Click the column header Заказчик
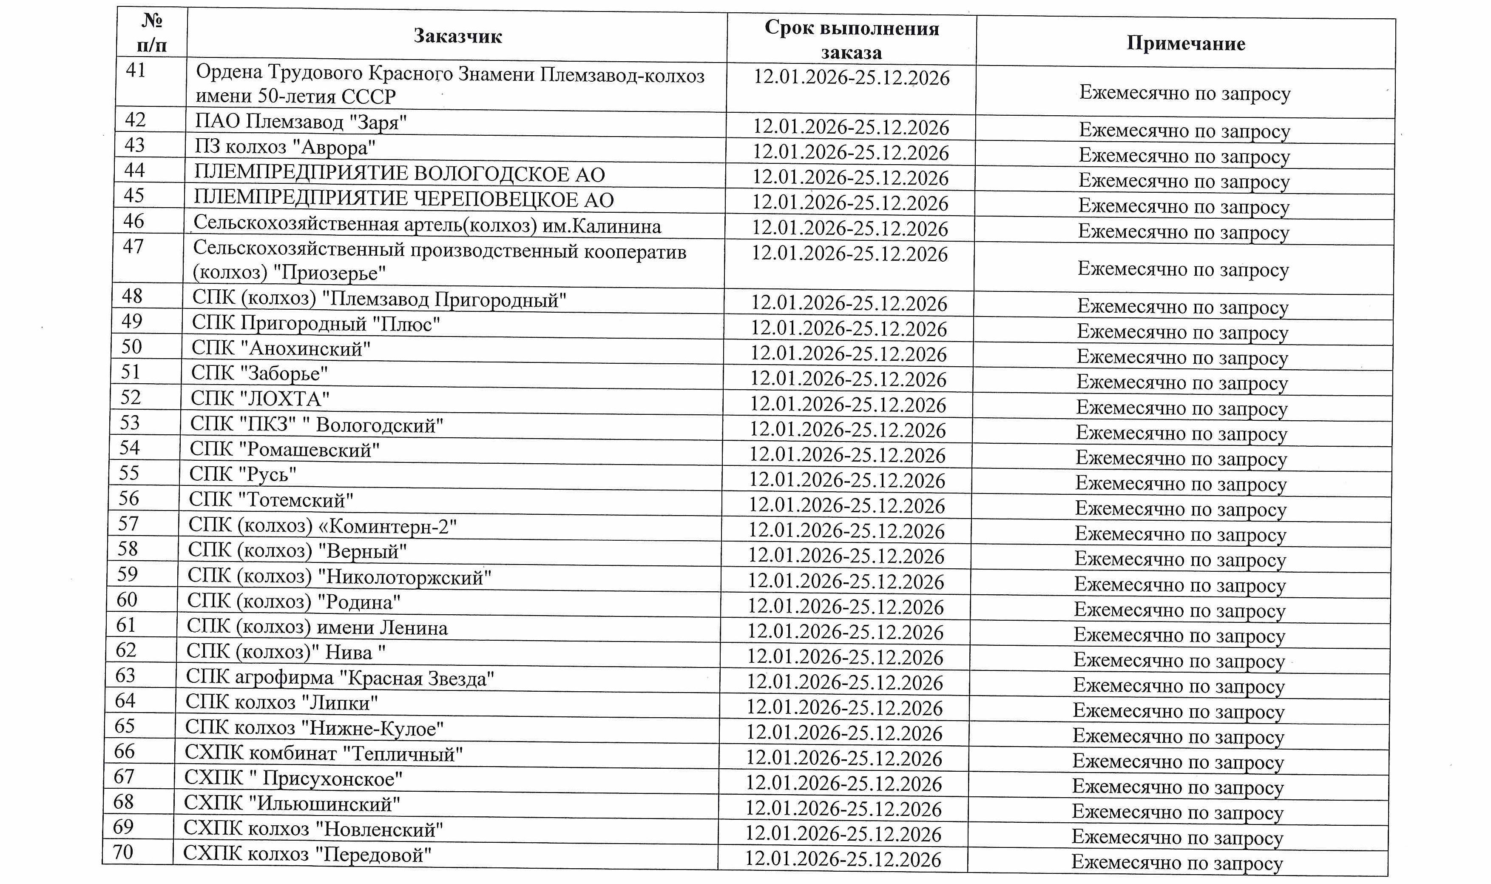[457, 36]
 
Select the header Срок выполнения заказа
[851, 40]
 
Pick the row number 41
[135, 70]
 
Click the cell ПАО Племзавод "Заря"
[301, 122]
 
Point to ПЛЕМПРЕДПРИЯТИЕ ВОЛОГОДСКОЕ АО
[399, 174]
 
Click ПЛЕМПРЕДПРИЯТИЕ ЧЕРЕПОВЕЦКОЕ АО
[403, 200]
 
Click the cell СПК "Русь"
[243, 474]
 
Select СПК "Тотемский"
[271, 499]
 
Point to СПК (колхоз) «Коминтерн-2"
[322, 525]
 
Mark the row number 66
[125, 751]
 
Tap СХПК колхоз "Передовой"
[307, 854]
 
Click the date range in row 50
[848, 354]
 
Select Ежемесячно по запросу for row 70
[1177, 862]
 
